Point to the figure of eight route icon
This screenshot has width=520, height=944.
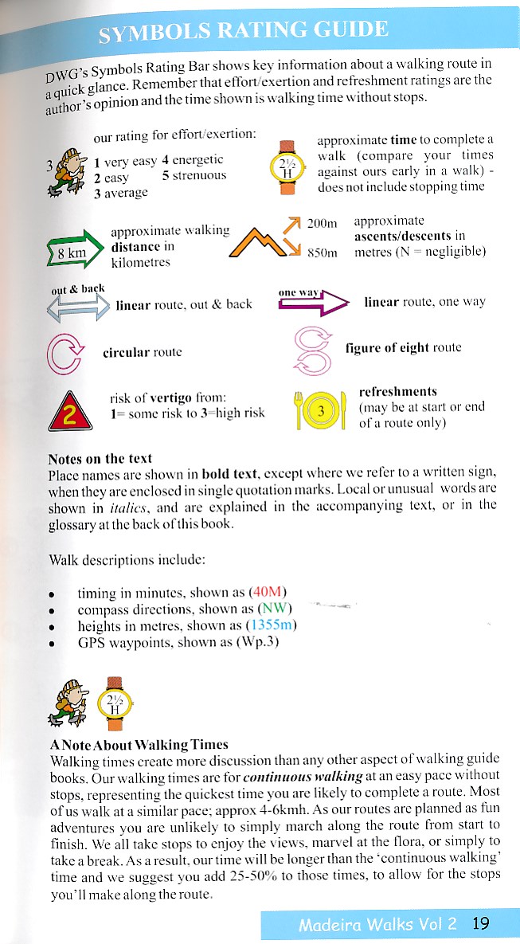(x=312, y=349)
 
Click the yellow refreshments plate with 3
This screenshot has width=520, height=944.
(x=320, y=412)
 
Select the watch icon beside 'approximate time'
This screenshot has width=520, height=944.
(x=287, y=167)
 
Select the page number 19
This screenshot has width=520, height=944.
(x=480, y=924)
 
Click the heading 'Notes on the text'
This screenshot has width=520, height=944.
(x=100, y=459)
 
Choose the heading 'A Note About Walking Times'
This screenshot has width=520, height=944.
(x=139, y=745)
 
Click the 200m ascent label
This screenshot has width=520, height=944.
(x=323, y=225)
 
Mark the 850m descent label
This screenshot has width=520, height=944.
(x=323, y=253)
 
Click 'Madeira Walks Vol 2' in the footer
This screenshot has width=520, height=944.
(x=377, y=925)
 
